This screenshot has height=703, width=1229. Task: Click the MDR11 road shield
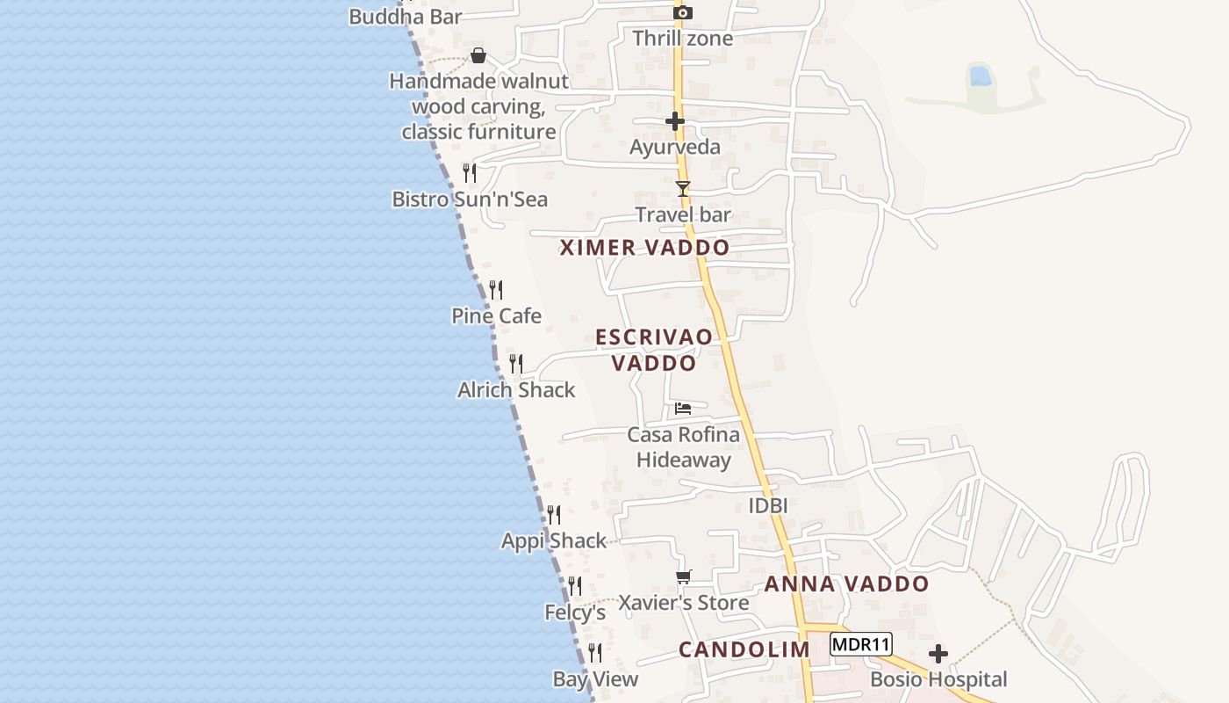tap(860, 645)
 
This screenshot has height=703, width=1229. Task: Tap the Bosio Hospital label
tap(938, 679)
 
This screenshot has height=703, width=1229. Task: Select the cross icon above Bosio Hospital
tap(938, 654)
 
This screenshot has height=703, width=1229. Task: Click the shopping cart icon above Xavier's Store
tap(684, 577)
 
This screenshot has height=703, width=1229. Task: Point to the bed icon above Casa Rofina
tap(683, 409)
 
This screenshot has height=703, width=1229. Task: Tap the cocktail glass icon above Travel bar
tap(683, 188)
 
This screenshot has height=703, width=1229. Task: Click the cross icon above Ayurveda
tap(675, 121)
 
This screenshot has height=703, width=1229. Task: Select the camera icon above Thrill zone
tap(683, 12)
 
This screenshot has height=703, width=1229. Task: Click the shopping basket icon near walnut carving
tap(478, 56)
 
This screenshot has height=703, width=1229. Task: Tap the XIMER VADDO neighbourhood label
tap(645, 248)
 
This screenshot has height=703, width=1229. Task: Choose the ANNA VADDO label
tap(846, 584)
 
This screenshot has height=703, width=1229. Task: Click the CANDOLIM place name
tap(744, 650)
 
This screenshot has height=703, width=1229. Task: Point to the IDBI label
tap(767, 506)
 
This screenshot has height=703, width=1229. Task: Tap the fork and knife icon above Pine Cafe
tap(496, 289)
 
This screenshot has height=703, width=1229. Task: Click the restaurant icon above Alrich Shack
tap(516, 363)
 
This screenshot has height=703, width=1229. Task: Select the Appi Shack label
tap(554, 541)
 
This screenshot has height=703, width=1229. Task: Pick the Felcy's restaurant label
tap(575, 612)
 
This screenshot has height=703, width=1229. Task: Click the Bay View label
tap(595, 679)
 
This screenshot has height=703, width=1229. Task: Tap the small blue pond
tap(981, 76)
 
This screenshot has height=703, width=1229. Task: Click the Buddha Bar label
tap(405, 17)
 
